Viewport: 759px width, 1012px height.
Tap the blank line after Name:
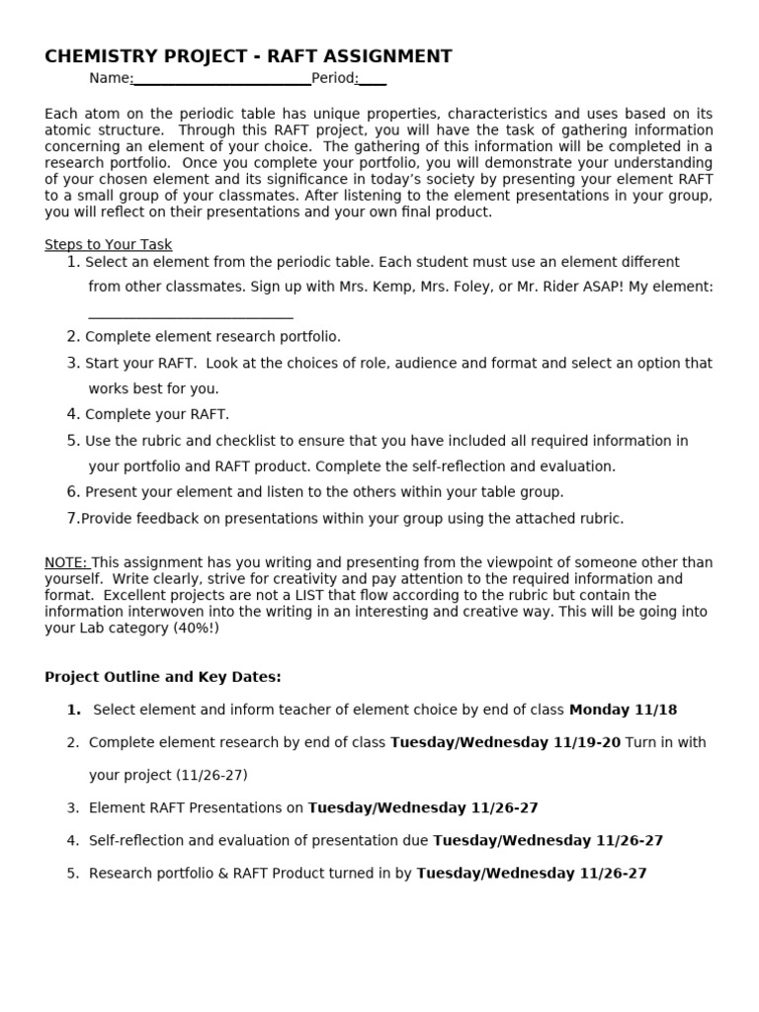click(222, 79)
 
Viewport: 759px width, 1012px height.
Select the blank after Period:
click(374, 79)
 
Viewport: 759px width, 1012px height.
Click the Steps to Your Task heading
click(108, 244)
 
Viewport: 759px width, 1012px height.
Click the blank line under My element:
click(191, 314)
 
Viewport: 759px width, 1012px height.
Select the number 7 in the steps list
click(72, 518)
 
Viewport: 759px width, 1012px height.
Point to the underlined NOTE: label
click(66, 562)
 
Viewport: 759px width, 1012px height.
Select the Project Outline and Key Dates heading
click(163, 677)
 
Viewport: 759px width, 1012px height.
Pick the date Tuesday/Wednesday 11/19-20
click(505, 742)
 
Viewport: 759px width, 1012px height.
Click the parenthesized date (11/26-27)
click(212, 775)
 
